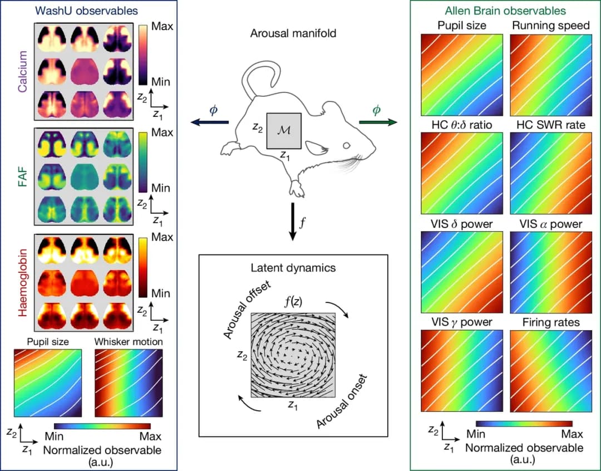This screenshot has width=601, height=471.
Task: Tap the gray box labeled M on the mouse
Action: [x=284, y=131]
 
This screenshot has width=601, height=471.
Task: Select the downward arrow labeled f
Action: [x=292, y=223]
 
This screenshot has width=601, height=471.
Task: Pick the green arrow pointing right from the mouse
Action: [x=377, y=121]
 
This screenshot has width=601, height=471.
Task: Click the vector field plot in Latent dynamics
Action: [x=293, y=355]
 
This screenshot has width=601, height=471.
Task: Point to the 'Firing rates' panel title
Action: [x=550, y=322]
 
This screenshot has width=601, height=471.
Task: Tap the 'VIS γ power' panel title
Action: [x=461, y=322]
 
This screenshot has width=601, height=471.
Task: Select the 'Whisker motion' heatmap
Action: [x=129, y=384]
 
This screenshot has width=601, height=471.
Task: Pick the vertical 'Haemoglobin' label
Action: [x=22, y=284]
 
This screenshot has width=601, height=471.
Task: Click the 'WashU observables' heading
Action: [x=86, y=10]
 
